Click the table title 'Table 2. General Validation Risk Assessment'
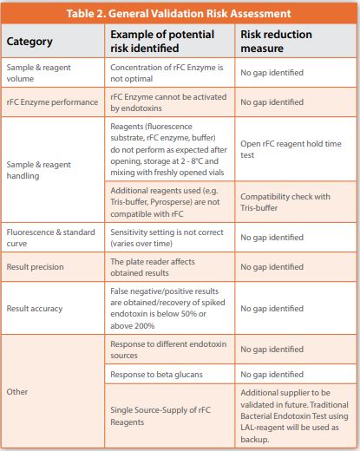click(180, 14)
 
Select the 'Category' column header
click(30, 42)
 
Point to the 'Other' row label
click(17, 392)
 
